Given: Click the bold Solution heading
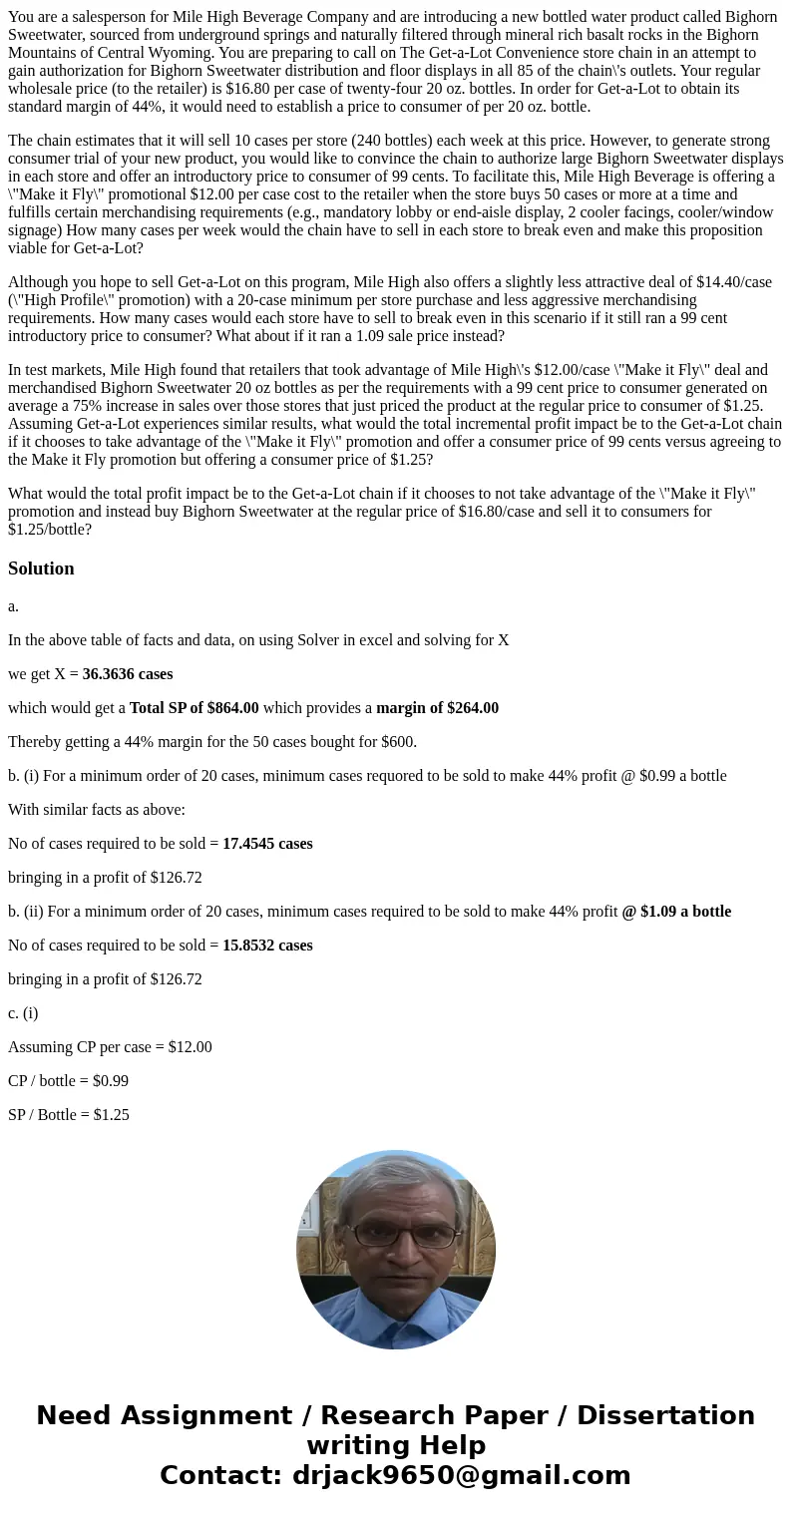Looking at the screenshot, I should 41,569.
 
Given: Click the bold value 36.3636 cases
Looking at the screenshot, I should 128,674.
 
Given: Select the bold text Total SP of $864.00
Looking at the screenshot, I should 194,708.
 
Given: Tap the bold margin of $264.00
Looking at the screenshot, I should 437,708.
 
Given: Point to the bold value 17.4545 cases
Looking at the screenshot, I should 267,844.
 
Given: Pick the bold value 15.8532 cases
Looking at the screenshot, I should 267,946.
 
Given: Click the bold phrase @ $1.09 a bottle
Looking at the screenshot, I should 676,912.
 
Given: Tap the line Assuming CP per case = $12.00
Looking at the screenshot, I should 110,1047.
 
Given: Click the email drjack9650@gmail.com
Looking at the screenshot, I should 461,1475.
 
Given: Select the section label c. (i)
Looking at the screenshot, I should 23,1013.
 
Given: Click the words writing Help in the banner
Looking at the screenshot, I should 396,1445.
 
